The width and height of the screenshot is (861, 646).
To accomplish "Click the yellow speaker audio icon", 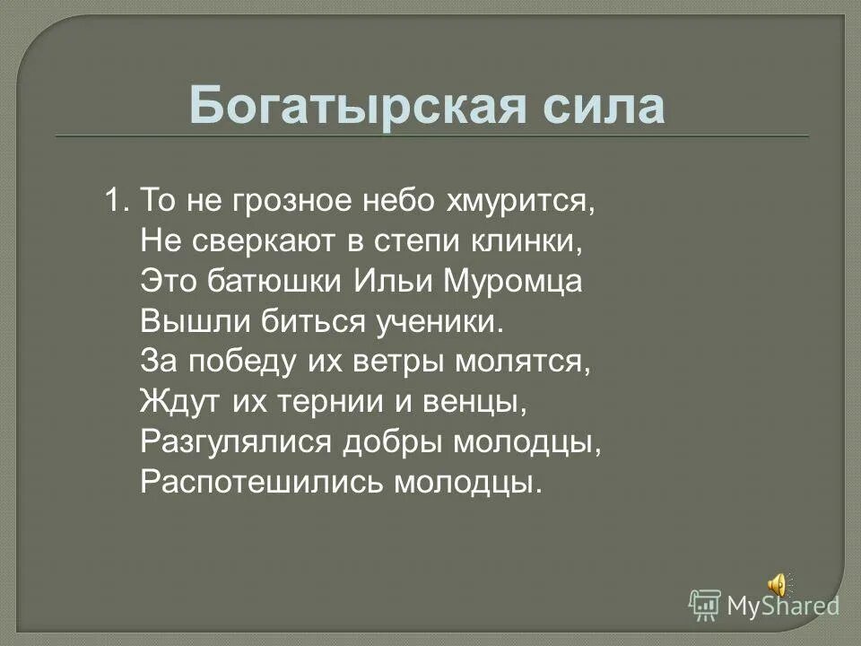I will (x=778, y=585).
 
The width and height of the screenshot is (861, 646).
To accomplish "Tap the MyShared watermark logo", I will (x=764, y=606).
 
